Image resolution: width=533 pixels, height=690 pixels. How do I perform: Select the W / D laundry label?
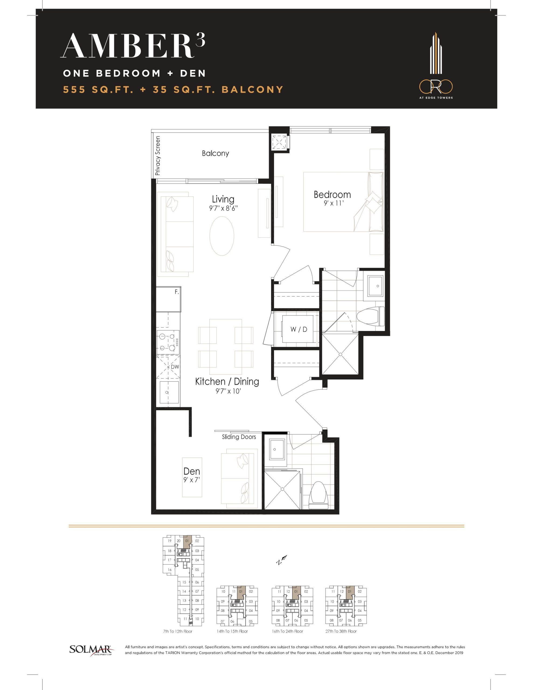299,330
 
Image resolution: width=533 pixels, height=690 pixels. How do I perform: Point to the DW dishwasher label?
175,367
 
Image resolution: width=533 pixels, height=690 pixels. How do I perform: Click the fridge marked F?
168,299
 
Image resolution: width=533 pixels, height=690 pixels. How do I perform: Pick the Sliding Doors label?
239,437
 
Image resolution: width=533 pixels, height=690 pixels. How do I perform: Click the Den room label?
192,471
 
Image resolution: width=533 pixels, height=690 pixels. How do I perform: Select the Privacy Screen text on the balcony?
158,156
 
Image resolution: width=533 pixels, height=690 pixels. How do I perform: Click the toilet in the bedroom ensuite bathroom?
370,317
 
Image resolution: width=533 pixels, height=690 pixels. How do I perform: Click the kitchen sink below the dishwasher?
169,392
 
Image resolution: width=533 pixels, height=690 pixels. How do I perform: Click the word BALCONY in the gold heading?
252,90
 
